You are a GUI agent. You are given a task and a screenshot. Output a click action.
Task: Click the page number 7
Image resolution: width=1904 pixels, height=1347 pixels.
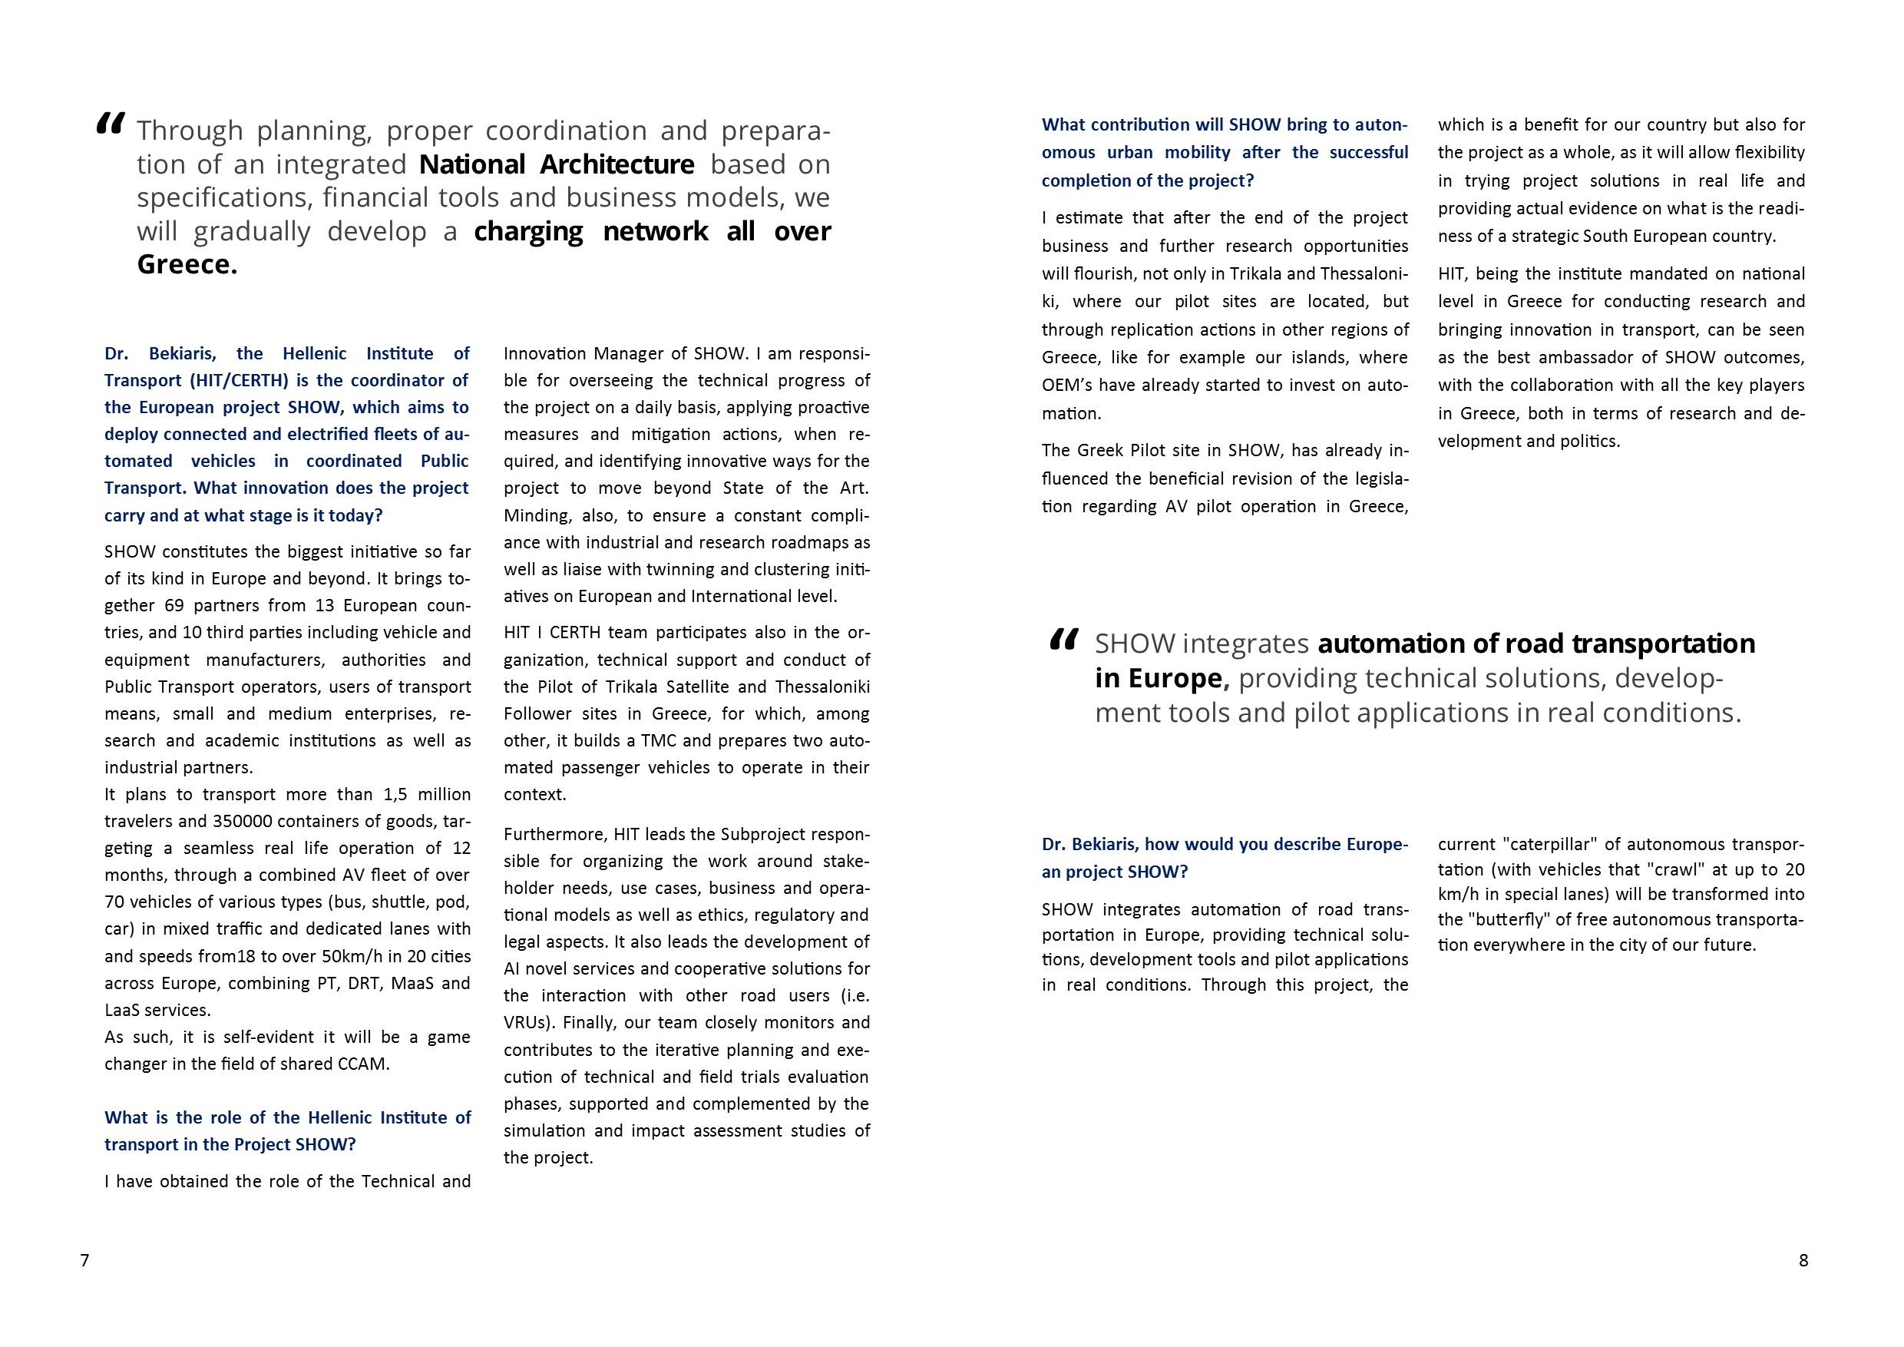(84, 1260)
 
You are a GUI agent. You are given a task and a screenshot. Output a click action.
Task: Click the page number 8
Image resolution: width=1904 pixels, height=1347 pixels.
(1803, 1260)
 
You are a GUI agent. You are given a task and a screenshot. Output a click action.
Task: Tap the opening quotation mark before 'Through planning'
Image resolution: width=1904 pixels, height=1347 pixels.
(111, 124)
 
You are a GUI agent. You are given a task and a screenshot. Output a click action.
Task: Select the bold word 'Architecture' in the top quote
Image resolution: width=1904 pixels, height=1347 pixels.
(617, 164)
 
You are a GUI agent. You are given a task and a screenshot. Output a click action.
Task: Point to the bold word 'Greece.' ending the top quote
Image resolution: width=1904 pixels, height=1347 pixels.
(187, 265)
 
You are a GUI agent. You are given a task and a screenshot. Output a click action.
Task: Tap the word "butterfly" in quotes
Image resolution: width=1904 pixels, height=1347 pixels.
(1512, 919)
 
